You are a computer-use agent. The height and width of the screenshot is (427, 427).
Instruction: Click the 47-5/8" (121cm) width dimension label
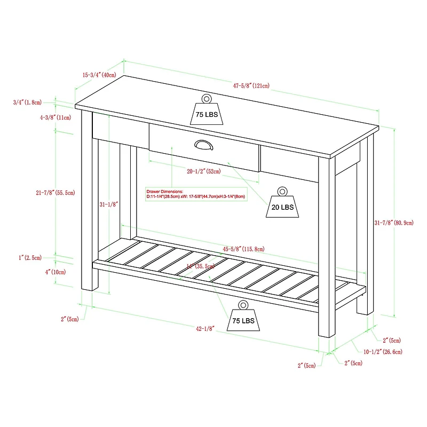tap(250, 85)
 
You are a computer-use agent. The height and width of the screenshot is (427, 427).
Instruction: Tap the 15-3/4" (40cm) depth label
tap(99, 75)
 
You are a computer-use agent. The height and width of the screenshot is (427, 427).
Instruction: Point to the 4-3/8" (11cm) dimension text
tap(55, 117)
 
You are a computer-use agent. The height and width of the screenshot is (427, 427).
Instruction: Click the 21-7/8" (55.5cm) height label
tap(55, 193)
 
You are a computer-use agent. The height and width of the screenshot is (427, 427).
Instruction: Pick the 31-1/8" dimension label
tap(108, 204)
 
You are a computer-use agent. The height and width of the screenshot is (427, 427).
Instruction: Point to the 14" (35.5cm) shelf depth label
tap(201, 265)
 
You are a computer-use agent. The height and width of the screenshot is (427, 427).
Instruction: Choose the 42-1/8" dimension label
tap(205, 329)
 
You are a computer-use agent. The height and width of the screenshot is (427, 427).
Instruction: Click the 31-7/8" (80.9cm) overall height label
tap(394, 222)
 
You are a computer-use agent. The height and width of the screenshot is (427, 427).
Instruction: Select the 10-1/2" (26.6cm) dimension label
tap(383, 352)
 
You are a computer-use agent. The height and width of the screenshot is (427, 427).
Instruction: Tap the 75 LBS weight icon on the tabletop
tap(207, 111)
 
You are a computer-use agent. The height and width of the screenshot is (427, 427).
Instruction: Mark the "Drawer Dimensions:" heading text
tap(164, 191)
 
